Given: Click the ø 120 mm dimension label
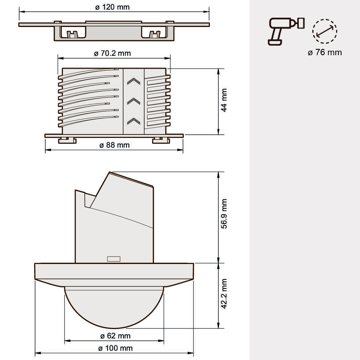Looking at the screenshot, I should [x=112, y=7].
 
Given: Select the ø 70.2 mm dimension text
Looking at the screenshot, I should [x=112, y=53].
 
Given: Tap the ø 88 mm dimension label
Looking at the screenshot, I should [x=114, y=145].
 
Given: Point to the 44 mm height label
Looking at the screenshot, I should [x=224, y=100].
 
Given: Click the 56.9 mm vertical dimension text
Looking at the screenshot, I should [x=224, y=214].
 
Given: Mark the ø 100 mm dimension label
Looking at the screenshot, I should [x=115, y=348].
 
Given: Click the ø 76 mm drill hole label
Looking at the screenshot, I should [x=325, y=52].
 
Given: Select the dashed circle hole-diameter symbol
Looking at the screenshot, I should [x=325, y=31].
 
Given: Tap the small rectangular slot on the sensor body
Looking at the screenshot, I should [x=114, y=259].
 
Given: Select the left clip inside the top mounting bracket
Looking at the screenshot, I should [x=71, y=34].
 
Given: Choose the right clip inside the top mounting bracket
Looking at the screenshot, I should [x=155, y=34].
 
